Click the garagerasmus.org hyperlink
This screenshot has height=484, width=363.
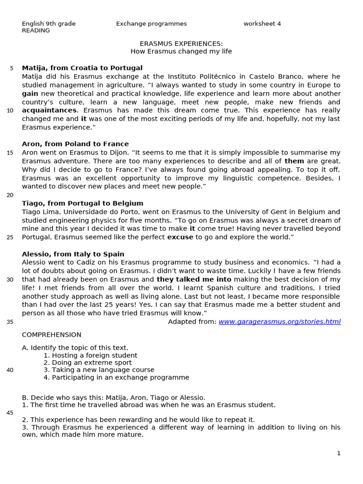(x=279, y=322)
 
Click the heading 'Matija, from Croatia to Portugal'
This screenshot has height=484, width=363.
(x=82, y=68)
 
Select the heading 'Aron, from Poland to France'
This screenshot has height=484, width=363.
(x=75, y=144)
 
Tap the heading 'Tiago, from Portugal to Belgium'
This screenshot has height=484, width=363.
(x=82, y=203)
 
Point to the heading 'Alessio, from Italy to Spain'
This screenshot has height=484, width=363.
(x=73, y=254)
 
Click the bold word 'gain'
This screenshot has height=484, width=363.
(x=30, y=94)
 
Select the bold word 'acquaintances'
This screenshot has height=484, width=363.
(x=49, y=111)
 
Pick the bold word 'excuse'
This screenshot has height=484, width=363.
(x=180, y=237)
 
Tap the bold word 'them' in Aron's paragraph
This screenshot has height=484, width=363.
(x=294, y=161)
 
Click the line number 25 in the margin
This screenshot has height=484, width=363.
(x=10, y=237)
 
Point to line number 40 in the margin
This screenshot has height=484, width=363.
(x=10, y=370)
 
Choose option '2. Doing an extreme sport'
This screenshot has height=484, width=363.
(x=87, y=363)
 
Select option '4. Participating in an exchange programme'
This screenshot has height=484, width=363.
(x=116, y=378)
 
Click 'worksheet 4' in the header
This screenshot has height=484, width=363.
(x=262, y=24)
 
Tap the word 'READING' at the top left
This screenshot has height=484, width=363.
(x=36, y=31)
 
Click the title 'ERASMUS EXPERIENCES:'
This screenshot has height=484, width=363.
(x=181, y=43)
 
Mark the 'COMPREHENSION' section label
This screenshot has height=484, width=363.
(x=52, y=335)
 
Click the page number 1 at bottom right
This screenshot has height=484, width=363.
(x=338, y=453)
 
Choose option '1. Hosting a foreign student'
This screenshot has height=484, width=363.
(x=90, y=355)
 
